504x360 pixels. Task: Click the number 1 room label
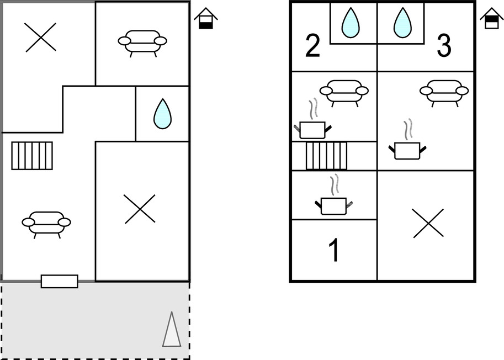pos(335,250)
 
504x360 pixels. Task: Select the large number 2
pos(312,46)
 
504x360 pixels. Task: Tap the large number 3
pos(444,46)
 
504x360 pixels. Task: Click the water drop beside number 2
pos(351,23)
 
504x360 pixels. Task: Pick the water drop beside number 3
pos(402,23)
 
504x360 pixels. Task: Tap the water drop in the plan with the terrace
pos(163,114)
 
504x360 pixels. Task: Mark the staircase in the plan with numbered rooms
pos(327,156)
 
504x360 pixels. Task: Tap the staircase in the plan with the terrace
pos(32,156)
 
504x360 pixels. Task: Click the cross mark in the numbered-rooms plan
pos(428,224)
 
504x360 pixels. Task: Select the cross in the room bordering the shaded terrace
pos(140,209)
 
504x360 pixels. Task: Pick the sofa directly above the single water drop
pos(142,42)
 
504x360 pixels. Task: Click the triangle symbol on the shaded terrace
pos(172,329)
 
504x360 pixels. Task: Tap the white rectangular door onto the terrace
pos(60,281)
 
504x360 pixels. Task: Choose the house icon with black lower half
pos(206,19)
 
